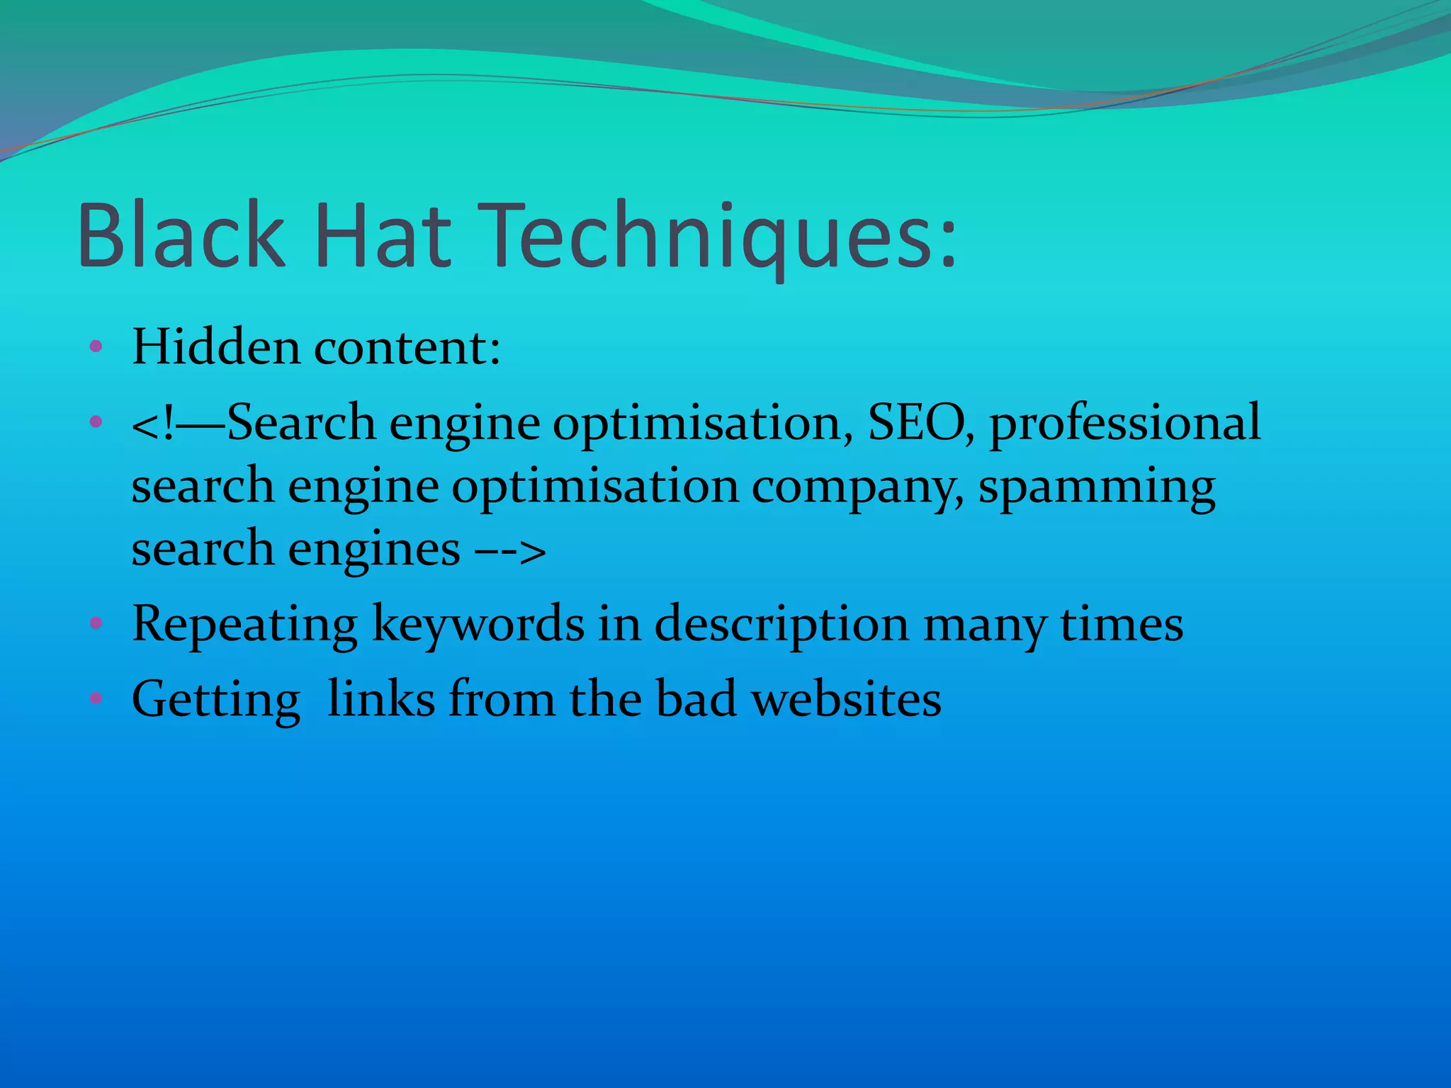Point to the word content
coord(407,348)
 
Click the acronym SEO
coord(920,422)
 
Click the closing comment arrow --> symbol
coord(509,550)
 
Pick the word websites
coord(846,699)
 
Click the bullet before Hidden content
coord(96,347)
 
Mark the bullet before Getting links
coord(96,699)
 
